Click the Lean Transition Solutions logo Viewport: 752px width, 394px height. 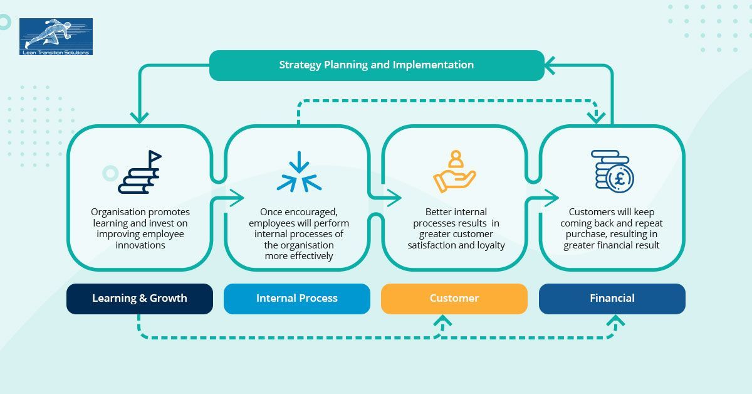tap(56, 36)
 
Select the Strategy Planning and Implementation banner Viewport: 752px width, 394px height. tap(376, 65)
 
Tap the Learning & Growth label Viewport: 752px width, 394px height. tap(139, 299)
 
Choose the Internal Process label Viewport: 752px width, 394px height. tap(296, 299)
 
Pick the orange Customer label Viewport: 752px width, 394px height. tap(454, 299)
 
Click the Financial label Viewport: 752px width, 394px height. tap(612, 299)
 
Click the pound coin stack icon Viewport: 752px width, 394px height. tap(612, 171)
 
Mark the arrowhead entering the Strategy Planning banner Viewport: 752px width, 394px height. tap(550, 65)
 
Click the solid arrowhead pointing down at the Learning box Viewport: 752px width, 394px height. tap(139, 117)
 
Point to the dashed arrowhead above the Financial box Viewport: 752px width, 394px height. tap(596, 117)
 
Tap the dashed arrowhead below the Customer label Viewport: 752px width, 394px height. tap(443, 321)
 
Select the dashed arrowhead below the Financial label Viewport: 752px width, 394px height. tap(615, 321)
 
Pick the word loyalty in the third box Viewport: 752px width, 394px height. tap(491, 245)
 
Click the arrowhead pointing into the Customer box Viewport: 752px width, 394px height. tap(395, 199)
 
